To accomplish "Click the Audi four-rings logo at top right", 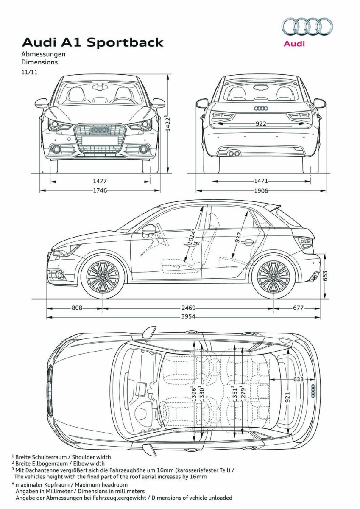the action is coord(307,27).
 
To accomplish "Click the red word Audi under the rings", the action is coord(294,43).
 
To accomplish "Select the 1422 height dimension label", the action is coord(167,123).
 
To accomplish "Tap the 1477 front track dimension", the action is coord(100,181).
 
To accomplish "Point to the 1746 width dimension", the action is coord(100,190).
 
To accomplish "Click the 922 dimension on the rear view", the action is coord(261,123).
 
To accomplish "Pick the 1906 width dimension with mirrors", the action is coord(261,190).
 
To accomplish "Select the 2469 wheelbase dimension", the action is coord(189,308).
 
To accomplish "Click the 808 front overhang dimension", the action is coord(77,308).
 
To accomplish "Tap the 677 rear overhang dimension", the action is coord(298,308).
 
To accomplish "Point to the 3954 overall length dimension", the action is coord(188,316).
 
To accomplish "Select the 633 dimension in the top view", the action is coord(299,379).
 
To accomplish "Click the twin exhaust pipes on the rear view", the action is coord(234,154).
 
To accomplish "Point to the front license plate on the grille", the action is coord(100,140).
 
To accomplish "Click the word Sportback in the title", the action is coord(125,42).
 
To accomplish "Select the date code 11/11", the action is coord(30,72).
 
